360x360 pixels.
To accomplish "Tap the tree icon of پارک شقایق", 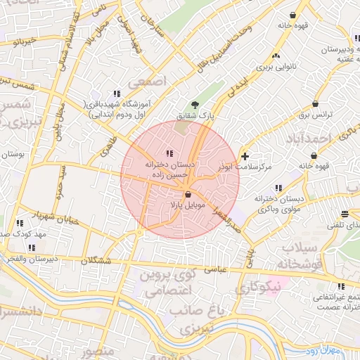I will pos(205,103).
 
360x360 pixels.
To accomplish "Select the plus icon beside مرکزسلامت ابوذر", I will pos(245,155).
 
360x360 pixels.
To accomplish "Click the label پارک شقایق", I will pos(215,114).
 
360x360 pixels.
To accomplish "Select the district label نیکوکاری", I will pos(258,287).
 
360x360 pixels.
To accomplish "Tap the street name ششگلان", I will pos(96,260).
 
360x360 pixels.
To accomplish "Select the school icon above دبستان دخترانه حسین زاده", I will pos(169,153).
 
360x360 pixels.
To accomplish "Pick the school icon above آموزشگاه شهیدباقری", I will pos(117,94).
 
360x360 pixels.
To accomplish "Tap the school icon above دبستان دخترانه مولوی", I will pos(279,188).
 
